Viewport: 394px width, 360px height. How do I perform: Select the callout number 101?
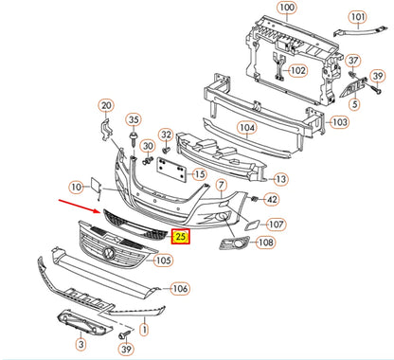coord(357,17)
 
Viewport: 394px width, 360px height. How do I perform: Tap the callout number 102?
coord(297,70)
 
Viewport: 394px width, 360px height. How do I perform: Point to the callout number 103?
coord(336,122)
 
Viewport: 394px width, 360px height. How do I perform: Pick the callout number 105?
coord(163,260)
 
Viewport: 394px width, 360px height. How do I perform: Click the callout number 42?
coord(271,199)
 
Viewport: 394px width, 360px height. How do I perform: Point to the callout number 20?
coord(105,105)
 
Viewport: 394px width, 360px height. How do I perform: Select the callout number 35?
coord(134,120)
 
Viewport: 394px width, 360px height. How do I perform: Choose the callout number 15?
coord(199,174)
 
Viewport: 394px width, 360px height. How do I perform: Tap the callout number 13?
coord(281,178)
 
